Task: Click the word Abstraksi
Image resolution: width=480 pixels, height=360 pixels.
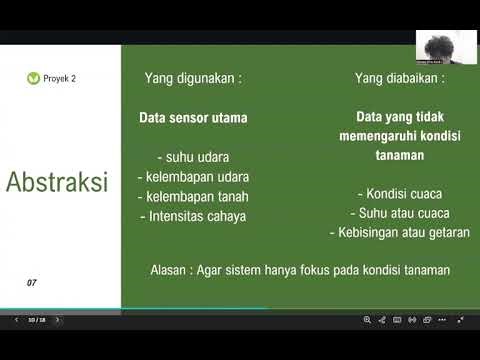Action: [x=57, y=183]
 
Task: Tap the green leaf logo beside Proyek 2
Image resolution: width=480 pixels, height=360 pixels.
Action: [x=34, y=78]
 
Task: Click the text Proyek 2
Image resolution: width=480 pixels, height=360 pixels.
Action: [x=59, y=78]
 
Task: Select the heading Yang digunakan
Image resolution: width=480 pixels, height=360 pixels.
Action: [x=193, y=77]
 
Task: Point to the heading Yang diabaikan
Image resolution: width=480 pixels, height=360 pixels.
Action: [x=400, y=77]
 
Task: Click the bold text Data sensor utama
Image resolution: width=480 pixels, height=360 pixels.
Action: [x=193, y=117]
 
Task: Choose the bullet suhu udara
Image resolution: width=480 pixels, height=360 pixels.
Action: [x=193, y=157]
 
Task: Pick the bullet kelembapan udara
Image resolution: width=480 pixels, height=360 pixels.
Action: [x=193, y=176]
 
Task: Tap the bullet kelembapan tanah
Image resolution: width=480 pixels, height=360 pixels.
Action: [x=193, y=196]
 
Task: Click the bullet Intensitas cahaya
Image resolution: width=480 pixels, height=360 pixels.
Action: [x=193, y=215]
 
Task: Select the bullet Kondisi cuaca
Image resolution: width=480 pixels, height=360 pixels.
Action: [x=400, y=194]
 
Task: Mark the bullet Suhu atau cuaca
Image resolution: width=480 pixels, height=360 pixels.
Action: [x=400, y=213]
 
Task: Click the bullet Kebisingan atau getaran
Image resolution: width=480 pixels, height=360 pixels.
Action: [x=400, y=232]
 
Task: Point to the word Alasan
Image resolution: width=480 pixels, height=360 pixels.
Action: [x=167, y=270]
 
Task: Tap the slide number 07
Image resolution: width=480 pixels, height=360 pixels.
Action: [x=32, y=283]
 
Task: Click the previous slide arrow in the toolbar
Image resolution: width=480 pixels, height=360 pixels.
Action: [x=15, y=320]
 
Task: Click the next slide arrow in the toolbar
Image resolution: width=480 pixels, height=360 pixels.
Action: [x=57, y=320]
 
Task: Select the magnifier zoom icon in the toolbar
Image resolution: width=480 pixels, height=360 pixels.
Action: [x=368, y=320]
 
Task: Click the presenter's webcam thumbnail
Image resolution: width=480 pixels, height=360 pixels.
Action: [x=440, y=46]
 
